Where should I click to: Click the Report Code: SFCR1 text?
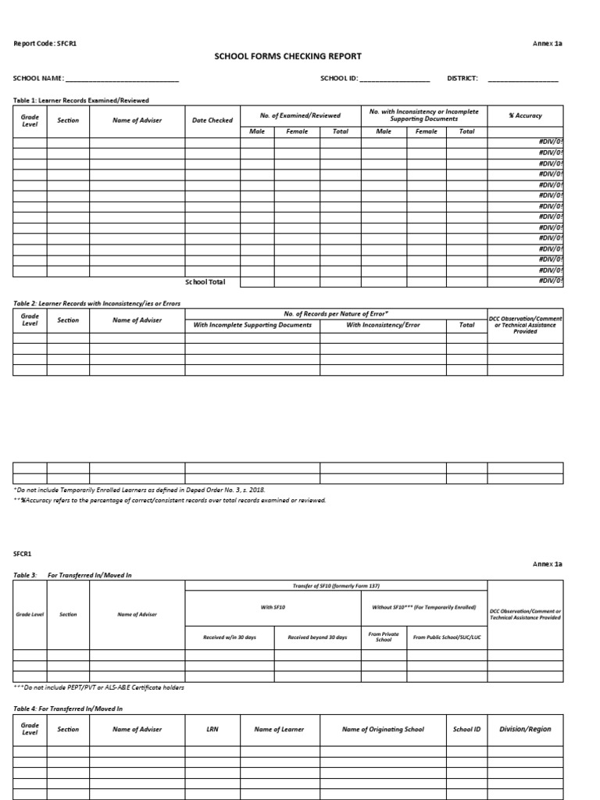coord(45,44)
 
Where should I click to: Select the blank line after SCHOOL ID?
coord(395,80)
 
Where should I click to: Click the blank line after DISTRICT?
coord(523,80)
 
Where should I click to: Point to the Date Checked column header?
coord(212,120)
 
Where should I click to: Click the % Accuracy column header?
coord(525,116)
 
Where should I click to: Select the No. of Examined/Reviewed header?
coord(300,116)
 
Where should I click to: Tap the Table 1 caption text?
coord(81,101)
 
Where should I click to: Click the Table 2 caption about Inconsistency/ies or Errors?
coord(92,302)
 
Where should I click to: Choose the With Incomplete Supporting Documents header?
coord(252,325)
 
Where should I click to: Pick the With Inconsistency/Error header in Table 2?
coord(383,325)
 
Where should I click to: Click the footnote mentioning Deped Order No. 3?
coord(140,489)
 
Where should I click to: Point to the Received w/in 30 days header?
coord(231,637)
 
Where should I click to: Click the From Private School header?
coord(384,637)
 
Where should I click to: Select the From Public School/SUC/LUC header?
coord(447,637)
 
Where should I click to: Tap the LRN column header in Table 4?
coord(212,730)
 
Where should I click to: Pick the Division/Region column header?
coord(525,730)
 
